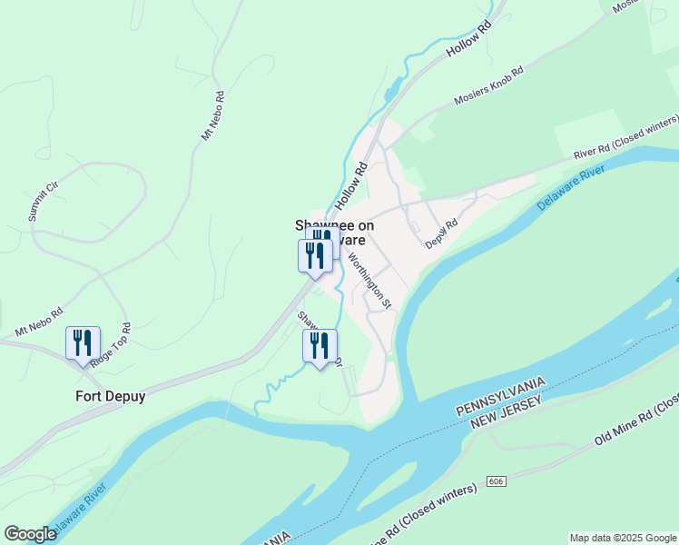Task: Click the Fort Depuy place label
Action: click(x=110, y=397)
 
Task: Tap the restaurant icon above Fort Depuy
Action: click(x=83, y=343)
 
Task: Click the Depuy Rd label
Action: click(x=442, y=234)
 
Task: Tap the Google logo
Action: click(x=30, y=534)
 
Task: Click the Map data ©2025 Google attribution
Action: click(x=622, y=538)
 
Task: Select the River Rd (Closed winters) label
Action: click(x=625, y=138)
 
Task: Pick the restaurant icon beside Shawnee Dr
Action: click(x=319, y=345)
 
